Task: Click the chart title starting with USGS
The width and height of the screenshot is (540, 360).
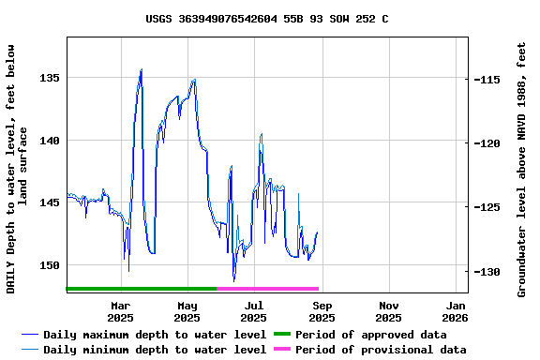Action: click(x=267, y=19)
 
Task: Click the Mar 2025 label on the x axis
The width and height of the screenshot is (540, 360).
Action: click(x=121, y=311)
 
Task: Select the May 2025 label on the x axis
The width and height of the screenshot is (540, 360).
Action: click(x=187, y=311)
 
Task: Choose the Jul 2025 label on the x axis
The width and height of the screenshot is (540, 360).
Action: click(x=254, y=311)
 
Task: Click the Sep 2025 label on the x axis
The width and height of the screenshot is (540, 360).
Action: click(x=322, y=311)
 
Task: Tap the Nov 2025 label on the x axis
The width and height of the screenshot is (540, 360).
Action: click(x=388, y=311)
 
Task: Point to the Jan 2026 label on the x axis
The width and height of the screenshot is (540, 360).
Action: click(x=456, y=311)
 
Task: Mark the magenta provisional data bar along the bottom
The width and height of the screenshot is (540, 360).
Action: click(x=268, y=289)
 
